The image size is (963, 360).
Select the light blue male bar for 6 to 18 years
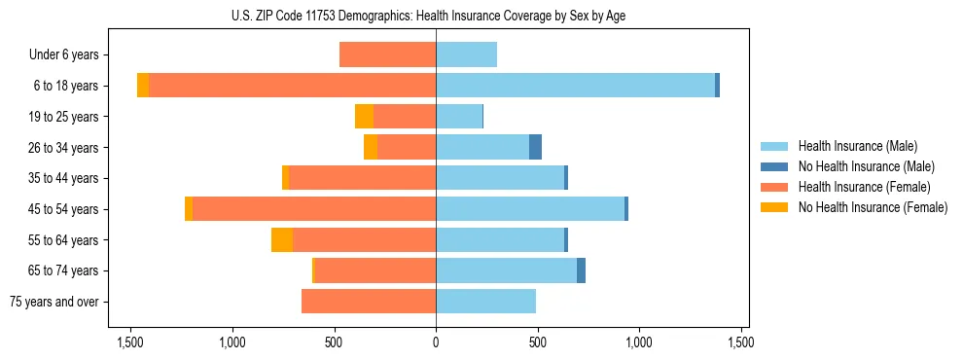click(575, 86)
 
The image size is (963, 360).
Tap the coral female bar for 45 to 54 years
click(314, 209)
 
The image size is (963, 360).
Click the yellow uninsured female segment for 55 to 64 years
click(282, 240)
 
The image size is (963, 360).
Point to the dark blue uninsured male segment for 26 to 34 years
click(535, 148)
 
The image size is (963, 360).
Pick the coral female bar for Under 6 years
click(387, 54)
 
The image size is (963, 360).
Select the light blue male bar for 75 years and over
click(485, 302)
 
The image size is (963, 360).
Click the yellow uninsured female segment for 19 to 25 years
click(364, 117)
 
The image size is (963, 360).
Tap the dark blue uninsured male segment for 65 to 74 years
click(581, 270)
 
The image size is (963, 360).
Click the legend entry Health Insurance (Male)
click(856, 146)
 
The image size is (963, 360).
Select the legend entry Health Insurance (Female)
click(862, 187)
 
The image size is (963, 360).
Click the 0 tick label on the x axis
click(436, 342)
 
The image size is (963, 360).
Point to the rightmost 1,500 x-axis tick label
click(741, 342)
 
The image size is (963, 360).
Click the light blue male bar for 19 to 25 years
click(459, 117)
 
